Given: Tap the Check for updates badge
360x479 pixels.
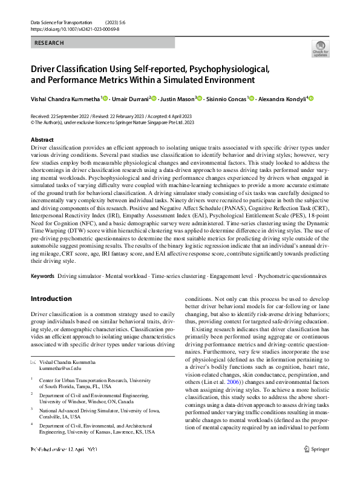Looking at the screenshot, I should [320, 48].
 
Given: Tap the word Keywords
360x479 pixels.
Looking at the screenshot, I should [42, 276].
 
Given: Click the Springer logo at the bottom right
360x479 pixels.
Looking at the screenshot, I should [318, 466].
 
